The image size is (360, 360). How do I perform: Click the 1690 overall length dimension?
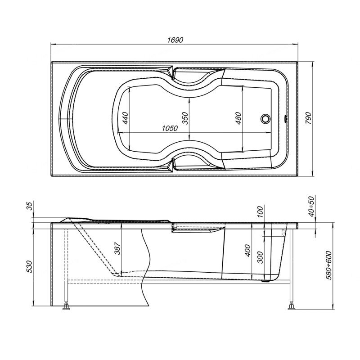175,40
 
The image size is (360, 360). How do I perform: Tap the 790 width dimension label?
308,118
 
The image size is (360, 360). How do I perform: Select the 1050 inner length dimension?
170,128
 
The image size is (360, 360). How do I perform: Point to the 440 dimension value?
125,118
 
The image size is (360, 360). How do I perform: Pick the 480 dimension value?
238,118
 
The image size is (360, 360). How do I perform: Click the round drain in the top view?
265,119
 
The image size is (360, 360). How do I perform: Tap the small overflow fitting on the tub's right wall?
286,119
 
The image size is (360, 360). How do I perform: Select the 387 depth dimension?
117,248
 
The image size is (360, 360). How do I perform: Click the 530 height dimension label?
30,266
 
